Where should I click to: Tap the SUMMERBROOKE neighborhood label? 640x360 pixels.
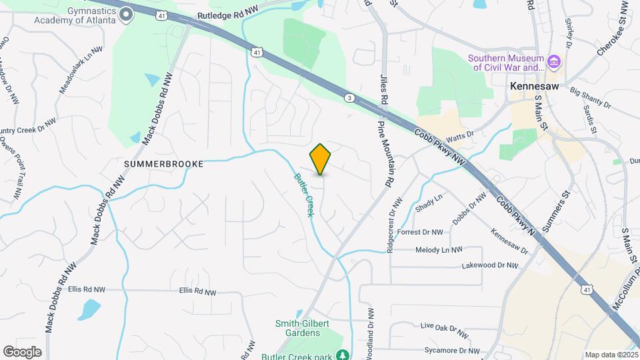[163, 163]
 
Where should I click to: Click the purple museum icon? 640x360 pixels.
[553, 63]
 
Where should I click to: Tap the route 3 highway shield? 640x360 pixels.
[349, 98]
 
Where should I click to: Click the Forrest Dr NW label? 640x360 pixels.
[420, 233]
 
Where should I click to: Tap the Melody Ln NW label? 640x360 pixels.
[439, 250]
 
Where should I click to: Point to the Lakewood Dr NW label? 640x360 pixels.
[489, 265]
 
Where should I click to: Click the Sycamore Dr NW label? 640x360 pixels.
[451, 350]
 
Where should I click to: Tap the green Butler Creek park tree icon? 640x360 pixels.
[343, 355]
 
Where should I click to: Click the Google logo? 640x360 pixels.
[22, 352]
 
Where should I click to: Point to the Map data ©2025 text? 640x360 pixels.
[611, 355]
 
